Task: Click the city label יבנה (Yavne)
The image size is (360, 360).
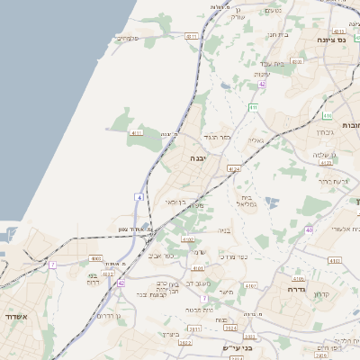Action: pos(196,157)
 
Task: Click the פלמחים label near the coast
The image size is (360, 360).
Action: pos(130,38)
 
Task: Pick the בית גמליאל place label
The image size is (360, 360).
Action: pos(247,201)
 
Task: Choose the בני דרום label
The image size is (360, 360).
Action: pos(92,279)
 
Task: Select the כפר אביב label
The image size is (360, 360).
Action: pos(159,256)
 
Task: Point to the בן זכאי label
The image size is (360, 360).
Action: pos(175,202)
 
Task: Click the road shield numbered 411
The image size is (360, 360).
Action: pos(253,107)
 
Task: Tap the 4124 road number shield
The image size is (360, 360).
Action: pos(234,168)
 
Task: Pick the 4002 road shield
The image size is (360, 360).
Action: pos(96,258)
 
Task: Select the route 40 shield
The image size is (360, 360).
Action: pos(309,229)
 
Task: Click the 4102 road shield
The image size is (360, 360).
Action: pos(188,239)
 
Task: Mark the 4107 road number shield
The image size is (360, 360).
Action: pos(250,284)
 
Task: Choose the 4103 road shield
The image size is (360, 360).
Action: pos(335,260)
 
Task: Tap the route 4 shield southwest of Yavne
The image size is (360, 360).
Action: pos(140,196)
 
